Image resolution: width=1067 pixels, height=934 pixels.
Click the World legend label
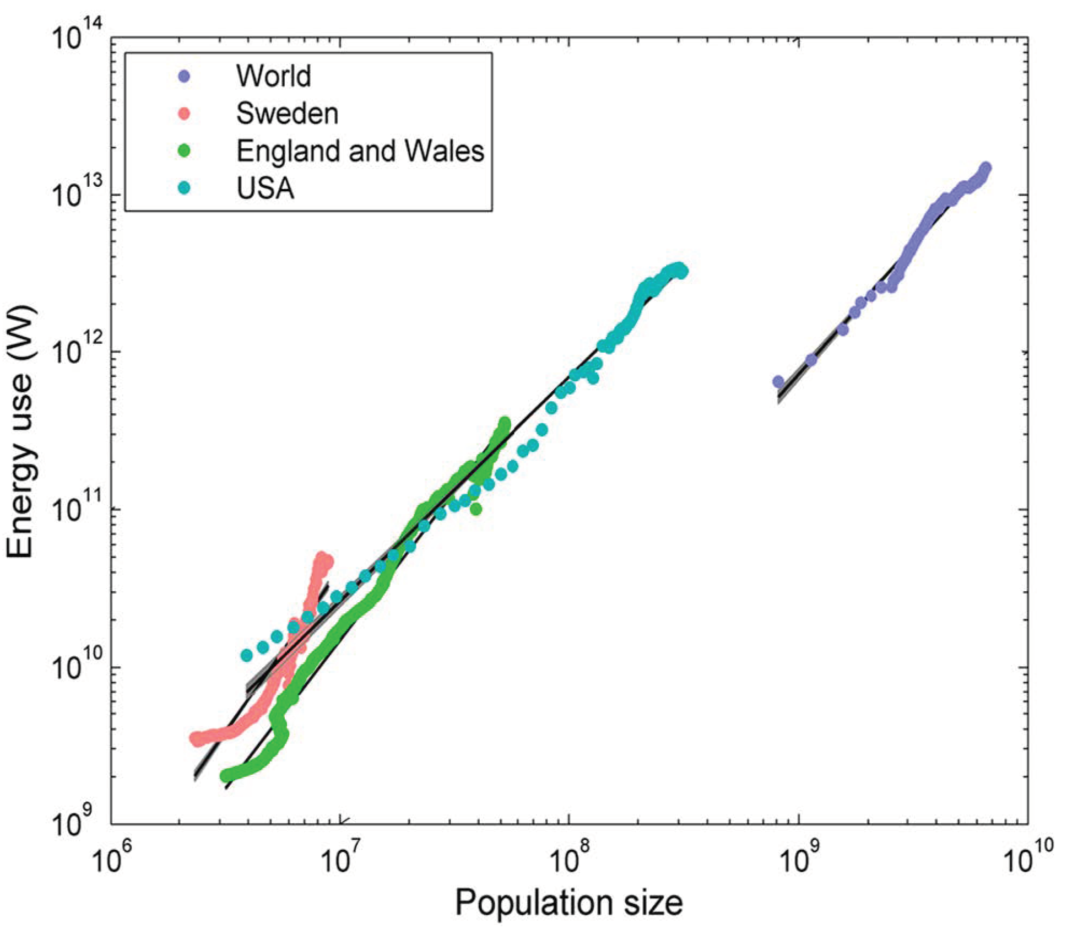tap(273, 75)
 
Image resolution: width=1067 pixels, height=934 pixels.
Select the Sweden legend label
tap(287, 114)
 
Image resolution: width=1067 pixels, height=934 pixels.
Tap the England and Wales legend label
tap(360, 150)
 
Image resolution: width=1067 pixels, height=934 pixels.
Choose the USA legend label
tap(265, 188)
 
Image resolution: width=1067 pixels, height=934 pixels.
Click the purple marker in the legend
tap(185, 77)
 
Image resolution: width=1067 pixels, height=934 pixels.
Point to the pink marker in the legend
tap(185, 114)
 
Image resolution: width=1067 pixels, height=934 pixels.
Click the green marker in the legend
tap(185, 151)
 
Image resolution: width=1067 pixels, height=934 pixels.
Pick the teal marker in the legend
tap(185, 188)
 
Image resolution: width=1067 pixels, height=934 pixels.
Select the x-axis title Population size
tap(568, 903)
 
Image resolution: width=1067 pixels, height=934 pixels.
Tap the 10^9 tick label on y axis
tap(77, 825)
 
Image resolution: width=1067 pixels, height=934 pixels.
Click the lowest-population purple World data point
tap(778, 381)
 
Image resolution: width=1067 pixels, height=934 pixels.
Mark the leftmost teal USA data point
tap(247, 655)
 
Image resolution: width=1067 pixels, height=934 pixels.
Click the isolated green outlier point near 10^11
tap(476, 509)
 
